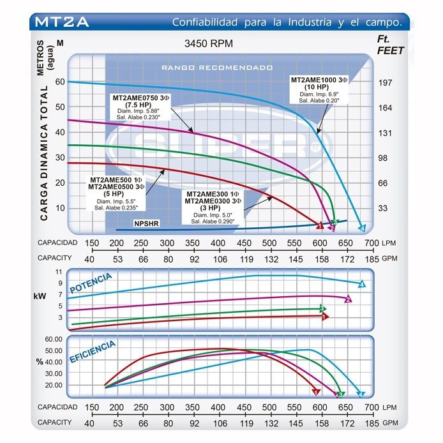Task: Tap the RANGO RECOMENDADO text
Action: click(x=217, y=67)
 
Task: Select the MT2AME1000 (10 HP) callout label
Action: click(x=319, y=82)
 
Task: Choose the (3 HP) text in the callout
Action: click(x=211, y=208)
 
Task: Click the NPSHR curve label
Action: click(x=146, y=223)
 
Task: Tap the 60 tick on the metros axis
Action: click(x=61, y=82)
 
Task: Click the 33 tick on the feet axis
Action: click(x=384, y=208)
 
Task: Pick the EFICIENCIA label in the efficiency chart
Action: click(x=94, y=352)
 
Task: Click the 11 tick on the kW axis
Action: click(x=59, y=272)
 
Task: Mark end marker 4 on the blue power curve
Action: click(x=361, y=284)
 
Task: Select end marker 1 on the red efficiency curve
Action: click(x=316, y=391)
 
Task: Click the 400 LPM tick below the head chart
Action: click(x=218, y=243)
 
